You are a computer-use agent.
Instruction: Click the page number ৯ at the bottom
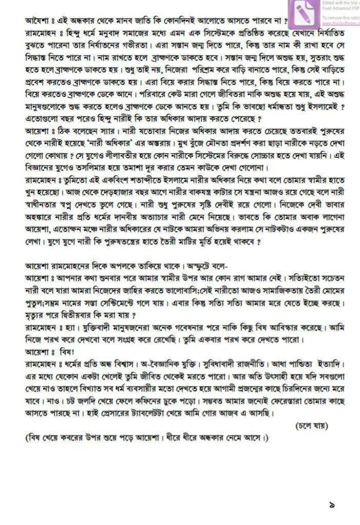click(332, 505)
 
